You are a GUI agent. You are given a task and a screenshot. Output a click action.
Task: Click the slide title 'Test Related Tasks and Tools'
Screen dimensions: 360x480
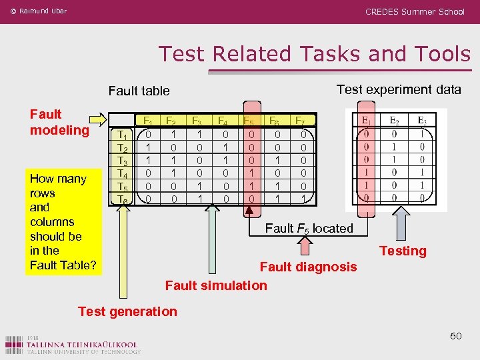pyautogui.click(x=314, y=54)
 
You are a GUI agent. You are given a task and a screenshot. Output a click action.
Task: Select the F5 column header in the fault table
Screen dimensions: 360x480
pyautogui.click(x=248, y=121)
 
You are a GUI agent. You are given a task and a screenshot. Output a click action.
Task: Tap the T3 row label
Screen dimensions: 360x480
pyautogui.click(x=122, y=160)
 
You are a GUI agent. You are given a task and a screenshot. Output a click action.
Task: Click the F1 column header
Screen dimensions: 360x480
pyautogui.click(x=148, y=121)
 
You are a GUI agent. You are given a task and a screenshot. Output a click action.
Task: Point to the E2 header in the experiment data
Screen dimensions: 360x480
pyautogui.click(x=395, y=121)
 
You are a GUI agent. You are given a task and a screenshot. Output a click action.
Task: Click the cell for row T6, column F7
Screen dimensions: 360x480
pyautogui.click(x=303, y=199)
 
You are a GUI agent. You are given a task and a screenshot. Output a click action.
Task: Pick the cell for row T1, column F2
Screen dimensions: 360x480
pyautogui.click(x=172, y=135)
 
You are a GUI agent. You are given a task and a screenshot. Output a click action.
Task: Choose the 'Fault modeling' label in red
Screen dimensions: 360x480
pyautogui.click(x=59, y=122)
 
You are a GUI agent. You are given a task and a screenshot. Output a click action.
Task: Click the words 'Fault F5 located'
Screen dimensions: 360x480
pyautogui.click(x=309, y=229)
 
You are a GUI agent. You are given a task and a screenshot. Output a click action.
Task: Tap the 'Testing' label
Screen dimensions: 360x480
pyautogui.click(x=403, y=251)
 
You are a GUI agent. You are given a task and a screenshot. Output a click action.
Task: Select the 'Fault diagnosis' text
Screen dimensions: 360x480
pyautogui.click(x=308, y=267)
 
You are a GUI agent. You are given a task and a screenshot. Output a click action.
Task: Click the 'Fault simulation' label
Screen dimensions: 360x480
pyautogui.click(x=216, y=285)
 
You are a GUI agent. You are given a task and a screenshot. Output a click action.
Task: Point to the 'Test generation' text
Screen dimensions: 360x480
pyautogui.click(x=127, y=311)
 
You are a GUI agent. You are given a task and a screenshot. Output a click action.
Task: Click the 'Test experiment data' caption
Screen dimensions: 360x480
pyautogui.click(x=399, y=89)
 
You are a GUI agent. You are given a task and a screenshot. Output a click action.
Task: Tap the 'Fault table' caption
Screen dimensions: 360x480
pyautogui.click(x=139, y=91)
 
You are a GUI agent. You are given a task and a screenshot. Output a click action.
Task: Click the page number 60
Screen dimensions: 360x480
pyautogui.click(x=455, y=335)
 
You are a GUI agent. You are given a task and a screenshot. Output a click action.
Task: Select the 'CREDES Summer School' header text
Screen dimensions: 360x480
pyautogui.click(x=415, y=11)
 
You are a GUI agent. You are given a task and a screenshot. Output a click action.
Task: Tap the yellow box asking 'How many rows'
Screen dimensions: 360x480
pyautogui.click(x=63, y=221)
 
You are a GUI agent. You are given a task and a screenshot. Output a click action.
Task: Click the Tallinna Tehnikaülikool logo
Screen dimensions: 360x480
pyautogui.click(x=73, y=343)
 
